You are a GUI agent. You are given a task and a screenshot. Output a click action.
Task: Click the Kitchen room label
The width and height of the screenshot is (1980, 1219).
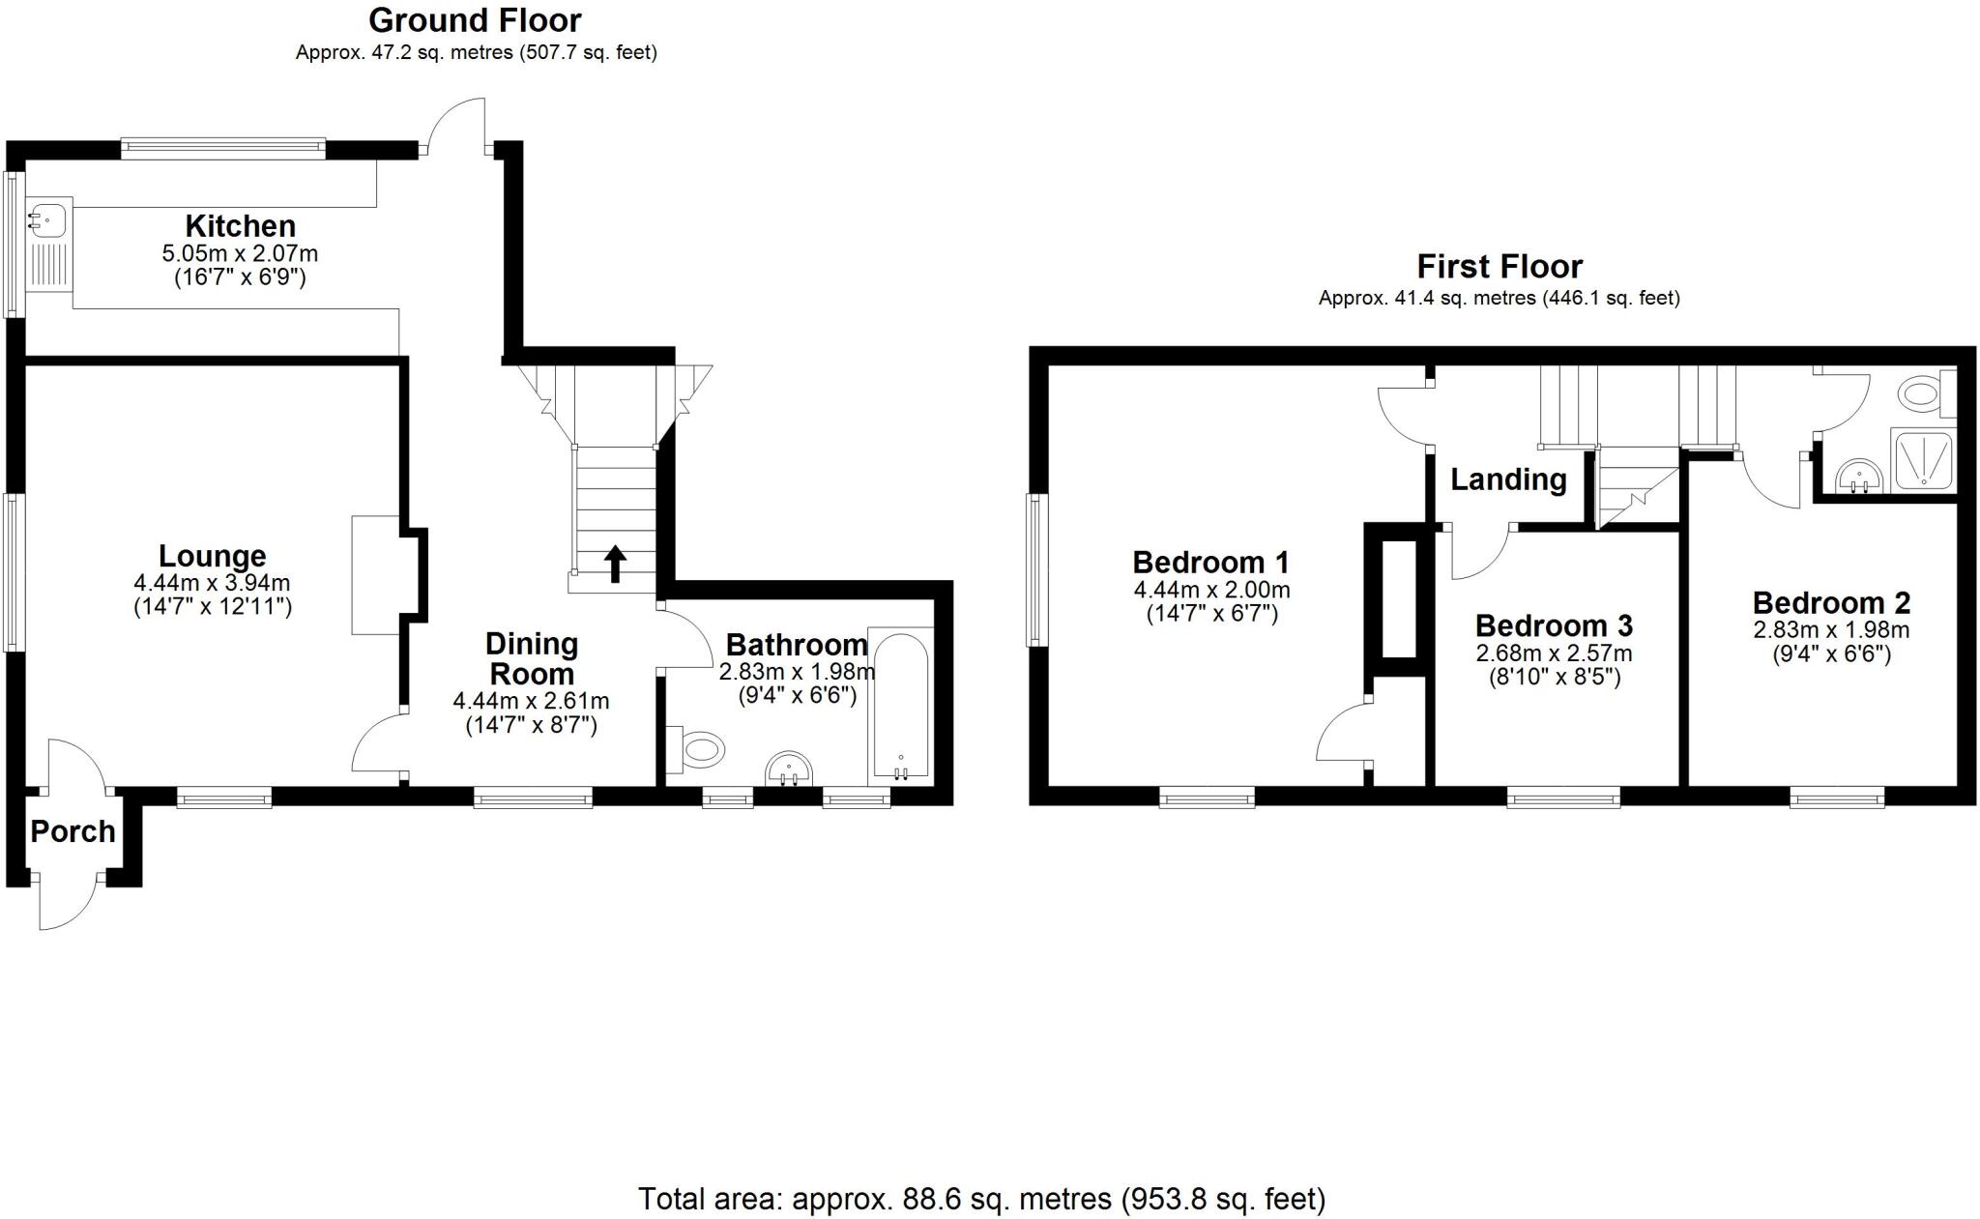(x=240, y=226)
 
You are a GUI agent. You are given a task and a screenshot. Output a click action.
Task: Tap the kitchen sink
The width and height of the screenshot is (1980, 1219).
(x=47, y=218)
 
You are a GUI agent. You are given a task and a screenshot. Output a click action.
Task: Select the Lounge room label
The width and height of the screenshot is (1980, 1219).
(x=212, y=556)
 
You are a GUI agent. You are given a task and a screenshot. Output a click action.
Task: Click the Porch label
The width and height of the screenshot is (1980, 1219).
(x=73, y=831)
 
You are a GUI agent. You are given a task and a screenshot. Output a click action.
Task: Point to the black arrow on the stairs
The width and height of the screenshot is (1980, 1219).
(x=615, y=564)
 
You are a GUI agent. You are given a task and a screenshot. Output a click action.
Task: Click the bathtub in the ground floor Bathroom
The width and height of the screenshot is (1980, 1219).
(x=900, y=706)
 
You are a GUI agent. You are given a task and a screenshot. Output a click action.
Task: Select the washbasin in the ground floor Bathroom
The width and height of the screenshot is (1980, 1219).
(x=789, y=770)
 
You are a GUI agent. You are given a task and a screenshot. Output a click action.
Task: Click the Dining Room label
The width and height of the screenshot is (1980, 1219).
(x=531, y=658)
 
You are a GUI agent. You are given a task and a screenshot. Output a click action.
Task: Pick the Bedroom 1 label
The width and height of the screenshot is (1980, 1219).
(x=1210, y=562)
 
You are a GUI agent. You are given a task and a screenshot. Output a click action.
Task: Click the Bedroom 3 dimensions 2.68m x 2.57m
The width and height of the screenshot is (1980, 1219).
(x=1554, y=653)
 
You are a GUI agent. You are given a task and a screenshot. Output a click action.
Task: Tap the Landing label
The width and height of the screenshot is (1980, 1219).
(x=1508, y=479)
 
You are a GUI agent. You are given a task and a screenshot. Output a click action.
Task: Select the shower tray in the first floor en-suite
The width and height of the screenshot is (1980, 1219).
(x=1923, y=460)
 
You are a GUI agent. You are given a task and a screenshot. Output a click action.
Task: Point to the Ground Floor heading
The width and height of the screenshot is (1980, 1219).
(x=475, y=20)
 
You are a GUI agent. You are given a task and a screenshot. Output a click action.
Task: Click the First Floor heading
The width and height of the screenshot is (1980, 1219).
(x=1500, y=266)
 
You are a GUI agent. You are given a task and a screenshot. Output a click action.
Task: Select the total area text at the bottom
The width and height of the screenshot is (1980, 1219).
(x=981, y=1199)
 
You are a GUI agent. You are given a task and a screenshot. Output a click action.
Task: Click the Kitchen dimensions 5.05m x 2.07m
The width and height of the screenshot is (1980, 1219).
(x=240, y=254)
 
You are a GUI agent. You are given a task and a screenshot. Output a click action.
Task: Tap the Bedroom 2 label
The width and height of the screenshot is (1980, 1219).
(x=1831, y=603)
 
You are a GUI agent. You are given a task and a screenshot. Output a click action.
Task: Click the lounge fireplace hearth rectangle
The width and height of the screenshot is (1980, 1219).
(x=375, y=575)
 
